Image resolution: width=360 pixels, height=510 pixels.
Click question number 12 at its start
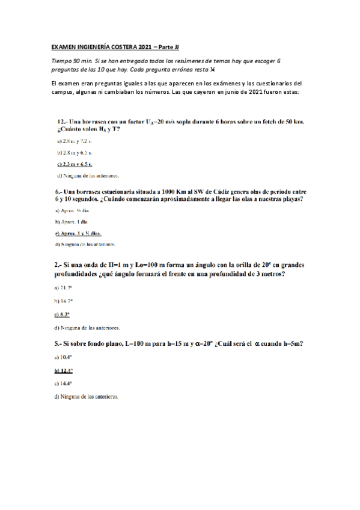click(62, 121)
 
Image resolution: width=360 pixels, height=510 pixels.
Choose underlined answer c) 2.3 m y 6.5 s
click(75, 164)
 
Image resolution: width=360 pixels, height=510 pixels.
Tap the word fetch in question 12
click(269, 121)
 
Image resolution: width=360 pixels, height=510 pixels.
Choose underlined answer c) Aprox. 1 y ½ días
click(78, 233)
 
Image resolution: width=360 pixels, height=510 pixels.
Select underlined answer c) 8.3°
click(62, 314)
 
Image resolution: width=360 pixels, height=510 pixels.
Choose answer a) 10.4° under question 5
click(63, 357)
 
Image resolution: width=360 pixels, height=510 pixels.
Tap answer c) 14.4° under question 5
click(63, 383)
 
